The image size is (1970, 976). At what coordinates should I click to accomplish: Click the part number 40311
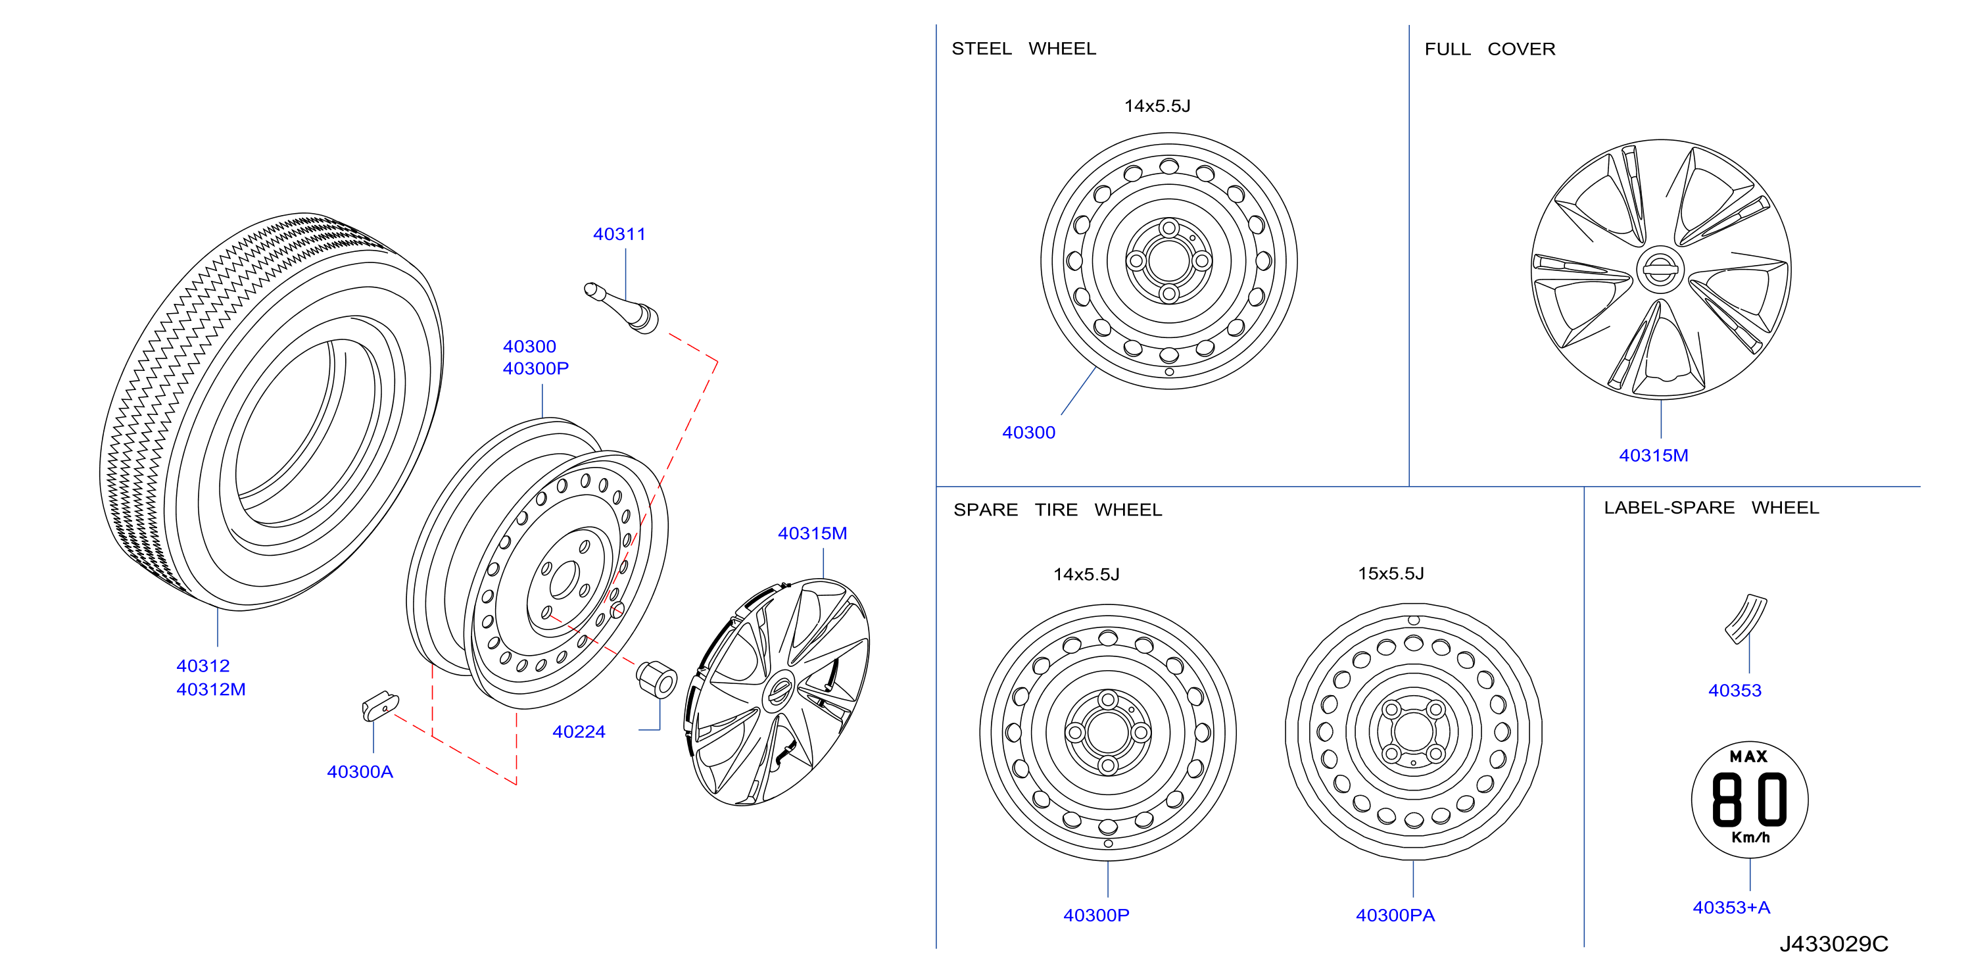pyautogui.click(x=619, y=234)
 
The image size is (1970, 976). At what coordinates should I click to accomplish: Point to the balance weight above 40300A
pyautogui.click(x=380, y=706)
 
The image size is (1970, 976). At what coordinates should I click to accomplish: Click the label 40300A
pyautogui.click(x=360, y=771)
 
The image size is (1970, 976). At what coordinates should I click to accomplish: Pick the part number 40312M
pyautogui.click(x=211, y=689)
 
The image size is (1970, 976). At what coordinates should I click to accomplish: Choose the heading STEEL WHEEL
pyautogui.click(x=1023, y=49)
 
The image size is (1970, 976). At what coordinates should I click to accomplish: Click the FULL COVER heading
pyautogui.click(x=1490, y=49)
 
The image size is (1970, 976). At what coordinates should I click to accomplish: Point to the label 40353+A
pyautogui.click(x=1731, y=907)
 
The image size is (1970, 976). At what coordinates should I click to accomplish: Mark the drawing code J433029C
pyautogui.click(x=1833, y=944)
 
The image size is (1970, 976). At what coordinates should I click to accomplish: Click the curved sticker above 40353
pyautogui.click(x=1746, y=619)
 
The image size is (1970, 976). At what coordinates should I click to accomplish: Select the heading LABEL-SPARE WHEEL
pyautogui.click(x=1712, y=508)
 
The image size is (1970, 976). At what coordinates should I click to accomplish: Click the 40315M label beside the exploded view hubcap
pyautogui.click(x=812, y=533)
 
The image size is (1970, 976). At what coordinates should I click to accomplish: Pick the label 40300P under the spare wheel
pyautogui.click(x=1096, y=915)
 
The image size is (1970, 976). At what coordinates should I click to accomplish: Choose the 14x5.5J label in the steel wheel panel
pyautogui.click(x=1157, y=107)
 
